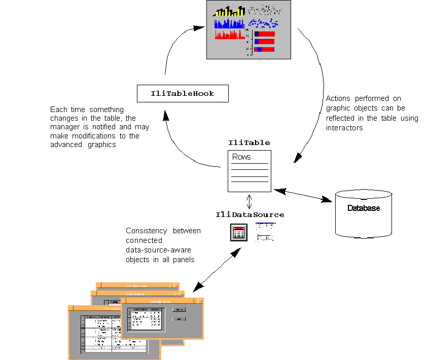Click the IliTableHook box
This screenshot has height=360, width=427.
[183, 93]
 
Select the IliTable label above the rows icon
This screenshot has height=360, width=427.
[249, 143]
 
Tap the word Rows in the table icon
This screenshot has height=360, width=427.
[241, 157]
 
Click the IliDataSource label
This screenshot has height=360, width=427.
[250, 215]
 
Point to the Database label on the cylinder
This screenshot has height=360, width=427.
[363, 208]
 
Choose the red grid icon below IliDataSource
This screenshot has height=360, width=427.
[238, 233]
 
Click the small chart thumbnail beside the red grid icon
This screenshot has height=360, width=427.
[266, 232]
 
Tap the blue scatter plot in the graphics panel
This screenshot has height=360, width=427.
[263, 23]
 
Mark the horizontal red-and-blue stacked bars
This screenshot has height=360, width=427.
[264, 42]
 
